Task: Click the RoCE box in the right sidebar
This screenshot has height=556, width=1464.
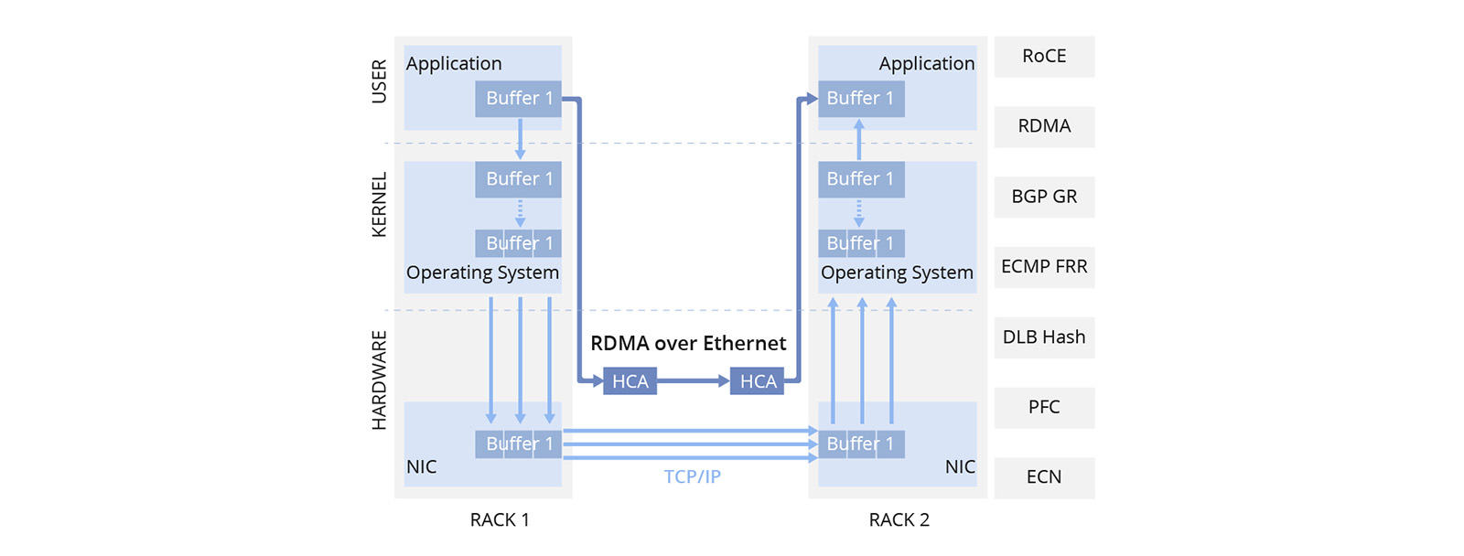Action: (1044, 57)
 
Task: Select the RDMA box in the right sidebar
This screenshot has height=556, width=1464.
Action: (1044, 126)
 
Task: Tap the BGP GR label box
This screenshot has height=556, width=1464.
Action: (1044, 197)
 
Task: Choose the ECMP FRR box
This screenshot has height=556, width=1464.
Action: (1044, 267)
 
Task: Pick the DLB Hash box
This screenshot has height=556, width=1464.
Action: (1044, 337)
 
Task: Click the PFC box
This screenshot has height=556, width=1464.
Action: (1044, 407)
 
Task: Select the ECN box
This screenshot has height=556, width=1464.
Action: (1044, 477)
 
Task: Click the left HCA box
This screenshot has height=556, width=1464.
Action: (630, 381)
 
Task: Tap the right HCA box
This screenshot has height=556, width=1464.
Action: (757, 381)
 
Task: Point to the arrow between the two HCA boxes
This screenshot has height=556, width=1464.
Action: (693, 380)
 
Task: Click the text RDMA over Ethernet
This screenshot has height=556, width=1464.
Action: (688, 343)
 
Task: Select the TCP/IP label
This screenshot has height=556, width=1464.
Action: (692, 476)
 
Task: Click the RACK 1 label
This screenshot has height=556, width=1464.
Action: (500, 519)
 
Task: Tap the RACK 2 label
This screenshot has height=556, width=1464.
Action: (899, 519)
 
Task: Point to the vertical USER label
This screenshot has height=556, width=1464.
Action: (379, 81)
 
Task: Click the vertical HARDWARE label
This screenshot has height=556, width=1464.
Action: (379, 380)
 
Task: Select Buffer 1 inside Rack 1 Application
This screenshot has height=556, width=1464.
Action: (518, 99)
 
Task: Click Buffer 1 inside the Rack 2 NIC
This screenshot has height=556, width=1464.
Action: (861, 444)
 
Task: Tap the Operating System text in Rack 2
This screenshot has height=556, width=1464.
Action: (897, 273)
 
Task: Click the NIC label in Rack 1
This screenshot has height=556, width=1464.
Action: (421, 466)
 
